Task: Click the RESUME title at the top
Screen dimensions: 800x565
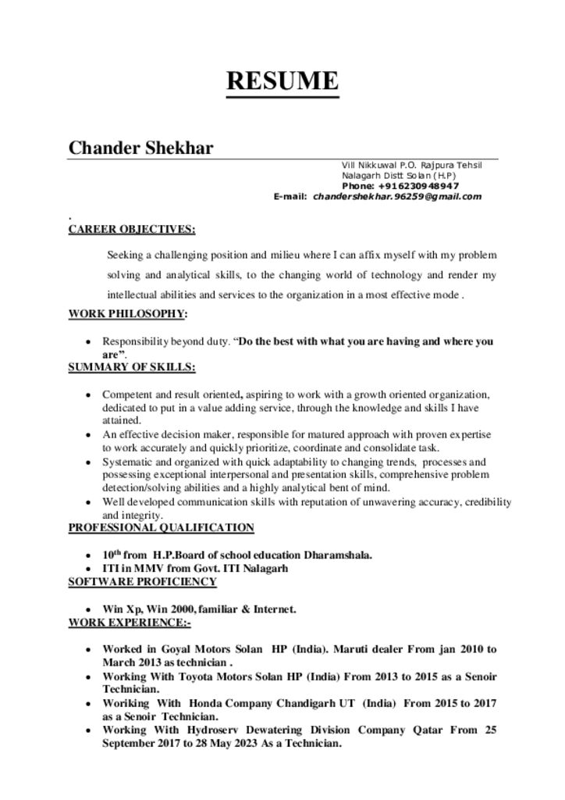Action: click(x=282, y=81)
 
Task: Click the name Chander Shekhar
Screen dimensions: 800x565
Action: click(x=141, y=148)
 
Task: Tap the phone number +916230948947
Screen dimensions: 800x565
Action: click(x=418, y=186)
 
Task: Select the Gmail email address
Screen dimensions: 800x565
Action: click(x=397, y=197)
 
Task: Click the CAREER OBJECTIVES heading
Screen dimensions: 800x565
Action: click(x=132, y=229)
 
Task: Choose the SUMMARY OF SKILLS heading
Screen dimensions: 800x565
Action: click(x=132, y=366)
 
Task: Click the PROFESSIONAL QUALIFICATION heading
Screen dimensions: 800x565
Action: click(x=161, y=528)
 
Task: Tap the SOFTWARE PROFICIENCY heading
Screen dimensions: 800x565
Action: click(x=142, y=582)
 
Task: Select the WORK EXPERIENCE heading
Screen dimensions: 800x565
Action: click(x=130, y=623)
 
